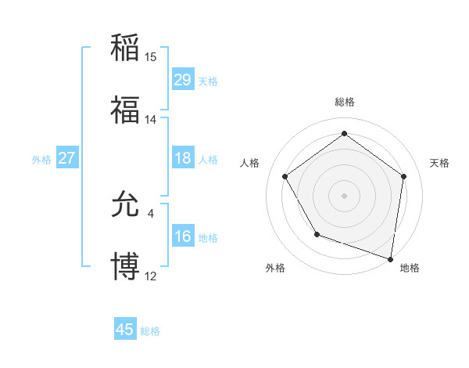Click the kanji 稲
point(126,47)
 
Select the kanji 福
point(126,110)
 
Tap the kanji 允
point(126,205)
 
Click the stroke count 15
point(151,56)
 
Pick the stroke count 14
point(151,120)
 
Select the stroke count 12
point(151,277)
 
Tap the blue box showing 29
point(183,80)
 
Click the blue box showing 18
point(183,158)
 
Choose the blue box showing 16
point(183,237)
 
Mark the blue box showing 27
point(66,158)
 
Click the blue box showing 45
point(125,330)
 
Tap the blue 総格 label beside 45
point(151,331)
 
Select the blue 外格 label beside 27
point(41,160)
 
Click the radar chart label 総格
point(344,103)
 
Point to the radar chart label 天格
point(439,163)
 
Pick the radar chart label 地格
point(410,268)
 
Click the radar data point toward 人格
point(285,176)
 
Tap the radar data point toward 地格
point(390,258)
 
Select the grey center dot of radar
point(344,195)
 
